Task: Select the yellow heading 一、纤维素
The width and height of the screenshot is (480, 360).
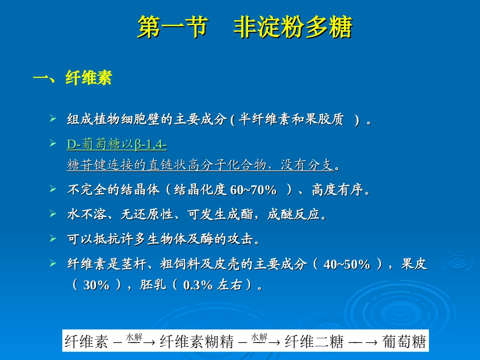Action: click(72, 78)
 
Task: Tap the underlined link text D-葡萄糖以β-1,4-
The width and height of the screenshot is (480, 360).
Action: click(117, 145)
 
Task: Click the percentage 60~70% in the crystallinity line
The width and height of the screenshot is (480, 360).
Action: click(254, 190)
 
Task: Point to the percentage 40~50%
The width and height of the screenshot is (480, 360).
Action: click(347, 265)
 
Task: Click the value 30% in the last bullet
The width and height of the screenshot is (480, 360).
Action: click(97, 285)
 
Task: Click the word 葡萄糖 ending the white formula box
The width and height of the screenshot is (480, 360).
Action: click(404, 342)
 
